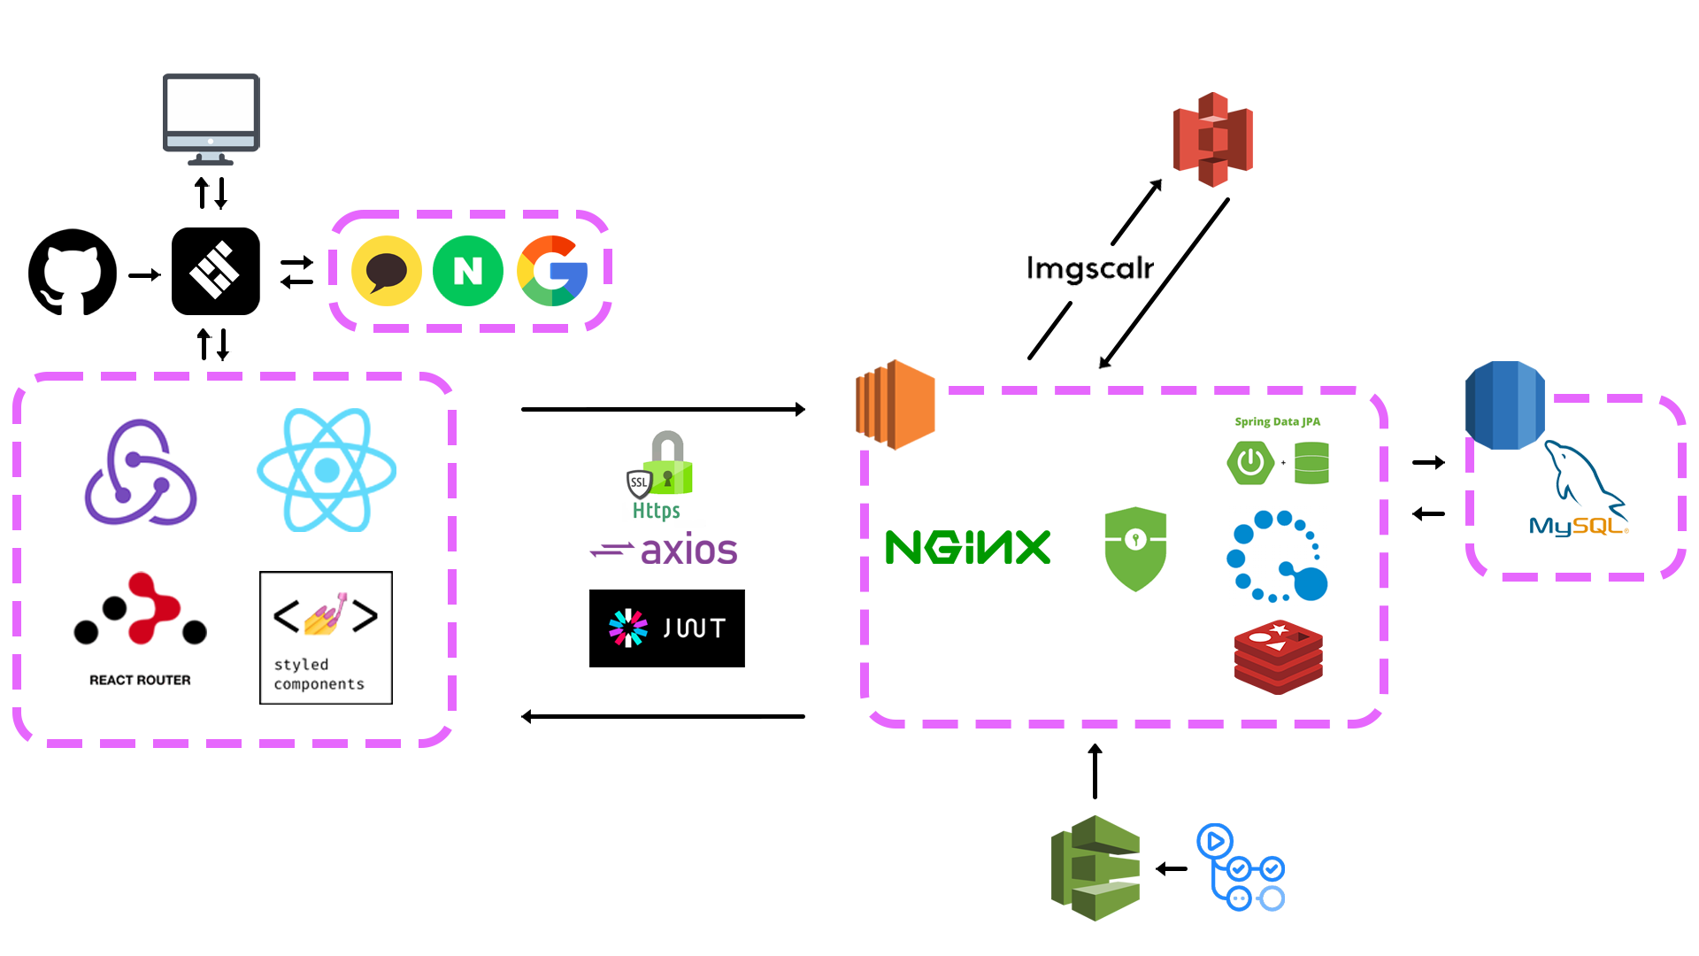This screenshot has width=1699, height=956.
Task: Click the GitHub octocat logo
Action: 73,272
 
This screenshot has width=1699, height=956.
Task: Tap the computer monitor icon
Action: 211,119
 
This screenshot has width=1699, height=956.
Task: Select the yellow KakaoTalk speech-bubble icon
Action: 387,271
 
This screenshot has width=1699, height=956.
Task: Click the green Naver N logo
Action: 468,271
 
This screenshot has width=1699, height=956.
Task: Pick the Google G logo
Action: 552,271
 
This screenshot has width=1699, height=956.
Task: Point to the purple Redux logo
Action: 140,474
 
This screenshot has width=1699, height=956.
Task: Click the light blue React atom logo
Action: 327,470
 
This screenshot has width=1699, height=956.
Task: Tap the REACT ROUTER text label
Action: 140,680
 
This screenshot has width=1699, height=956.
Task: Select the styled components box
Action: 326,637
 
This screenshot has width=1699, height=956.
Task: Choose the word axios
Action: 688,550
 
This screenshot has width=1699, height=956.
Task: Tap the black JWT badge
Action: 666,628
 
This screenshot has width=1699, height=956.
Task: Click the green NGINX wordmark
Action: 967,547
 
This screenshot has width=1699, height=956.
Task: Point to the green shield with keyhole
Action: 1135,548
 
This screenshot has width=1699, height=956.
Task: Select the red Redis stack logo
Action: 1278,657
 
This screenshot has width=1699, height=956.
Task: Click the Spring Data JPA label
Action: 1277,421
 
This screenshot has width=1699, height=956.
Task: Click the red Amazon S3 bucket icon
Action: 1212,139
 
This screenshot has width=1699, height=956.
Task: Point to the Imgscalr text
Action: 1089,267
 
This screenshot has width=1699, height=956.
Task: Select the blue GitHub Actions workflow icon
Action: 1241,867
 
